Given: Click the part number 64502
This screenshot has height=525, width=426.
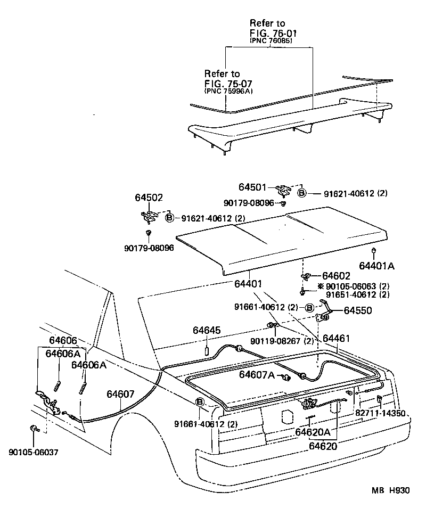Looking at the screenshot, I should [x=148, y=198].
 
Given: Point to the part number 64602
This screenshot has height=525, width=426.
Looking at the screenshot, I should [x=336, y=276].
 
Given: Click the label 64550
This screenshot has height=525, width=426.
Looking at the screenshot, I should [x=358, y=310].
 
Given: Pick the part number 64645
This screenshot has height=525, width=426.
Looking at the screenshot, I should [x=207, y=331].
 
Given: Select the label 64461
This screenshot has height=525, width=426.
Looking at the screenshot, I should [x=336, y=338].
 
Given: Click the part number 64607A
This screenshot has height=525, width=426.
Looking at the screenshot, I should [x=257, y=375].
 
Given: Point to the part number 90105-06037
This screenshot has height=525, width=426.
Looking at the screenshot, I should [x=33, y=452].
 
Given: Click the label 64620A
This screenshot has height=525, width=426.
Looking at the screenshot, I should [x=313, y=433].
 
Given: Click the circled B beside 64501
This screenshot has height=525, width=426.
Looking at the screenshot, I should [x=301, y=194].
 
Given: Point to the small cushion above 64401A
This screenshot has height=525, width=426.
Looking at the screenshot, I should [x=375, y=250].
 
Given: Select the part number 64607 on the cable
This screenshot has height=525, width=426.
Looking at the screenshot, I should [x=120, y=395].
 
